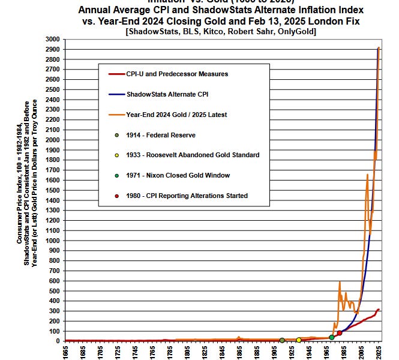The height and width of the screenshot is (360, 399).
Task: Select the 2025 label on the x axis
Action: click(379, 351)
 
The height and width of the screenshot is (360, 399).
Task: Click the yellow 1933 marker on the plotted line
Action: click(298, 340)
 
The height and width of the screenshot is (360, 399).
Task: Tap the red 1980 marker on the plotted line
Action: click(339, 333)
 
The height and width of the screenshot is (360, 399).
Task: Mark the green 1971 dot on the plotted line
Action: click(331, 338)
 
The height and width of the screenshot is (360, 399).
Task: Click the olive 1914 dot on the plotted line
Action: click(282, 340)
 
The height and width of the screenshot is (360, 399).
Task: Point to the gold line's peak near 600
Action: click(339, 281)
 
